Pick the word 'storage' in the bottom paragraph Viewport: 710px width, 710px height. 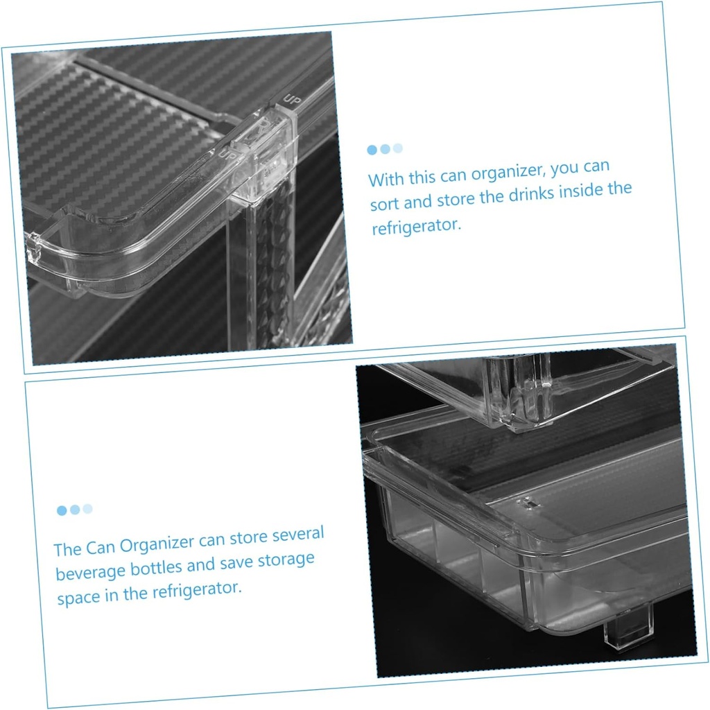click(286, 559)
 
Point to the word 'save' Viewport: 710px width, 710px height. click(236, 562)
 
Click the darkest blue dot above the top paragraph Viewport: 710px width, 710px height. click(372, 150)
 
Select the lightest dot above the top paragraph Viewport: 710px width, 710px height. click(397, 148)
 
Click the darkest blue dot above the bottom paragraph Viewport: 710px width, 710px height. click(62, 510)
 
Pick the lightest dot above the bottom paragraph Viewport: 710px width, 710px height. click(87, 508)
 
